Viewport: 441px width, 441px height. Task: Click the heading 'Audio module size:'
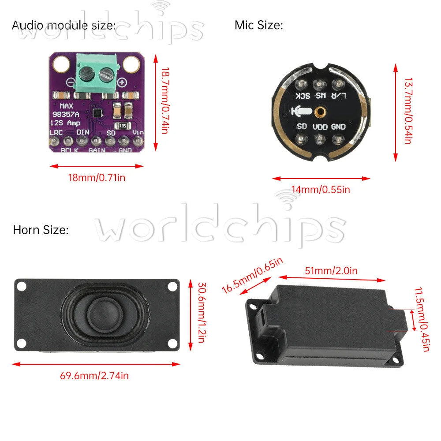64,25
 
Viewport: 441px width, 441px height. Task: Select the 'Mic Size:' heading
259,25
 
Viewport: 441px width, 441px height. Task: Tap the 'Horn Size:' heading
41,230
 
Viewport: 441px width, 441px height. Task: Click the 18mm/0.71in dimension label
97,178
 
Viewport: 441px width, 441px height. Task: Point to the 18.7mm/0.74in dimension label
165,101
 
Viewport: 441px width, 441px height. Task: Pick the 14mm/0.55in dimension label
321,190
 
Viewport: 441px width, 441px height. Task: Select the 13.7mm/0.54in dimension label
408,111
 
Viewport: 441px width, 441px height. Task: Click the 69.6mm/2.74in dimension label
94,376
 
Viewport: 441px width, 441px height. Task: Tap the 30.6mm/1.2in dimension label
202,313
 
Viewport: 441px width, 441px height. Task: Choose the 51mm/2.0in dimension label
331,271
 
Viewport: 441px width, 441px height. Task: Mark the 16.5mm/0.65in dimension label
252,275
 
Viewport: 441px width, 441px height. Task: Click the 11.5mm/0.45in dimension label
422,319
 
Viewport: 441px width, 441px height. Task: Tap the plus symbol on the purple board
122,82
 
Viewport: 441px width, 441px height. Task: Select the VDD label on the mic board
320,127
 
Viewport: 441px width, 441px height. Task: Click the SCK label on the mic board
303,96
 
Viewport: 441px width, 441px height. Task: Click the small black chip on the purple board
97,113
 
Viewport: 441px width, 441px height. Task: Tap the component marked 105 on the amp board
123,126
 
